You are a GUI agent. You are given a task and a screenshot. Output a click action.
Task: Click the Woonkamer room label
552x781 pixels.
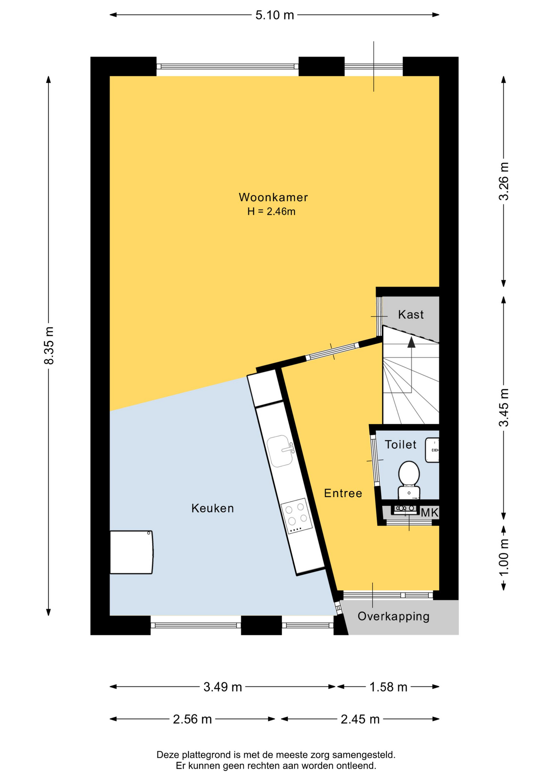pos(273,197)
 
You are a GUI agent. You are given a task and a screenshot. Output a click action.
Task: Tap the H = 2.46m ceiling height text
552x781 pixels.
pos(271,212)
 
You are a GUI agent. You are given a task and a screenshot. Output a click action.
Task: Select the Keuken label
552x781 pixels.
pos(213,508)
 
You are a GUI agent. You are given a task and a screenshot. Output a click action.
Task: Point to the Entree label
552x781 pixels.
pos(343,493)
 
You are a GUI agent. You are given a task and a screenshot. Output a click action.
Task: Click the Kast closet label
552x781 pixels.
pos(411,314)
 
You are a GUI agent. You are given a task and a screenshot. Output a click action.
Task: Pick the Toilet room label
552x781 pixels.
pos(400,445)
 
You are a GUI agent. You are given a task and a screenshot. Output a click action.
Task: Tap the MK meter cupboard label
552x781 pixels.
pos(429,513)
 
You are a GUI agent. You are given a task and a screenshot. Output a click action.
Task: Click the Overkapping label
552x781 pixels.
pos(393,616)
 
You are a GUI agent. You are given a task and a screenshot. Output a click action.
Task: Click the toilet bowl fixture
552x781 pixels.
pos(409,480)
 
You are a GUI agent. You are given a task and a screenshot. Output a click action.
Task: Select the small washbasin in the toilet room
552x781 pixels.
pos(432,450)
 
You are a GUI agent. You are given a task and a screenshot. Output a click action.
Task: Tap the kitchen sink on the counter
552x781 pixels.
pos(280,451)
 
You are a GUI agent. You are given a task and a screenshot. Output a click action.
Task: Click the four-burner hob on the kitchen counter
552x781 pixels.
pos(297,516)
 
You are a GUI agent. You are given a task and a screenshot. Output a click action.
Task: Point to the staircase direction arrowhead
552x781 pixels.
pos(411,343)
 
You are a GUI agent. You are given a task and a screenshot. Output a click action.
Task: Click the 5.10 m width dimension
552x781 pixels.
pos(274,15)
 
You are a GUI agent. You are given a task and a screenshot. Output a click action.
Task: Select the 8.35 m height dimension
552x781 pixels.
pos(49,345)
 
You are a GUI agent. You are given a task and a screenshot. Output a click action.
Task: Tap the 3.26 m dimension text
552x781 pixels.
pos(504,181)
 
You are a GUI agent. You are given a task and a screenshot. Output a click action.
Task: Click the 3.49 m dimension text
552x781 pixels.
pos(223,687)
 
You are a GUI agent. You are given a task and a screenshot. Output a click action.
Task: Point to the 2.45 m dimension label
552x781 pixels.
pos(360,719)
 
